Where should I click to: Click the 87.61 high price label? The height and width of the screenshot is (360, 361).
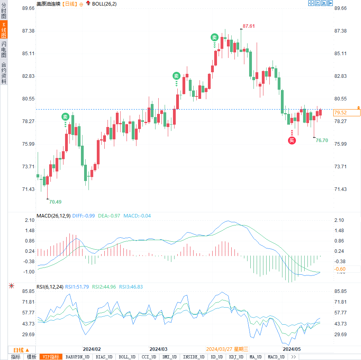click(x=249, y=26)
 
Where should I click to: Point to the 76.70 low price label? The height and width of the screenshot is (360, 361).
click(x=322, y=140)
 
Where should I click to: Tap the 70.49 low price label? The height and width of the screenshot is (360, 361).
click(x=55, y=202)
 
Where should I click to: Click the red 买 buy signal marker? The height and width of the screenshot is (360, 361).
click(x=292, y=140)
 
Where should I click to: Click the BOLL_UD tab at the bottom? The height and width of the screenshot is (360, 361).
click(x=127, y=357)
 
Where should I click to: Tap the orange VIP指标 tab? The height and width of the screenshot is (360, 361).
click(x=51, y=357)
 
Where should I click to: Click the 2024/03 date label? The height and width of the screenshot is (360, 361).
click(x=158, y=349)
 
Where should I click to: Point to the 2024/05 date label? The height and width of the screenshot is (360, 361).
click(x=292, y=349)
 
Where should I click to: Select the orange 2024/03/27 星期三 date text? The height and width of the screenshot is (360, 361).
click(x=227, y=349)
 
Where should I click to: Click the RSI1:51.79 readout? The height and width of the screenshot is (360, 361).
click(x=77, y=286)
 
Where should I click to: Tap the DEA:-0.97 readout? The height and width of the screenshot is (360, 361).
click(x=109, y=216)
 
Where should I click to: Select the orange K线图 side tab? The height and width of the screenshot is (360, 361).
click(x=4, y=30)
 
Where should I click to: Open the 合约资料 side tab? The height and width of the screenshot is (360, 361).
click(x=4, y=73)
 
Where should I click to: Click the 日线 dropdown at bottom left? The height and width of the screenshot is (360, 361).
click(x=21, y=350)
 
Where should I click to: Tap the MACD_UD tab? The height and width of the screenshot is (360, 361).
click(x=276, y=357)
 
